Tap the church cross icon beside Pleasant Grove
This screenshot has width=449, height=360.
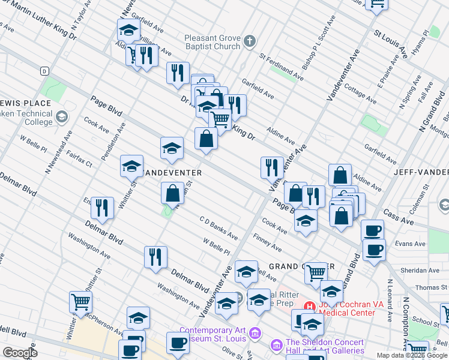coord(250,42)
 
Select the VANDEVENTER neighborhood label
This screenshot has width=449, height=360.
coord(172,172)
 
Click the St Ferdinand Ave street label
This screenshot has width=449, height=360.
coord(282,67)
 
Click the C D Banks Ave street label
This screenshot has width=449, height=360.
coord(219,229)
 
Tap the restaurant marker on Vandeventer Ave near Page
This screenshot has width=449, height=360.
coord(272,167)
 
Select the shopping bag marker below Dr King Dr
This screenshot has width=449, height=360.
coord(206,139)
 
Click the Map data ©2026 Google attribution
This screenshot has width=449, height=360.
coord(412,355)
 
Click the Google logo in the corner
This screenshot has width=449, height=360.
coord(20,353)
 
